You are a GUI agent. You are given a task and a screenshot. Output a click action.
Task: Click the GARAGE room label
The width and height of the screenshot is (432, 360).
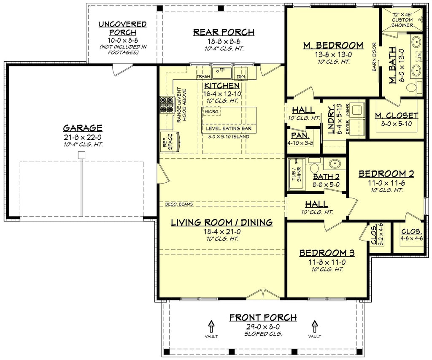coord(83,127)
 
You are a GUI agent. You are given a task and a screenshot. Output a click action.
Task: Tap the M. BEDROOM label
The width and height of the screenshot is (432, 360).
coord(333,45)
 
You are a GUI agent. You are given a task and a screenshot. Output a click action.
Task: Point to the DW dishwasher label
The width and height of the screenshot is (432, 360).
coord(241,76)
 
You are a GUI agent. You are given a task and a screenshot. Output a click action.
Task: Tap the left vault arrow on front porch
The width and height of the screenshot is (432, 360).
coord(211,326)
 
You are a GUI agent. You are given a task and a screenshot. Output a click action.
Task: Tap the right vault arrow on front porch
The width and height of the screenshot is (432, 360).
coord(314,326)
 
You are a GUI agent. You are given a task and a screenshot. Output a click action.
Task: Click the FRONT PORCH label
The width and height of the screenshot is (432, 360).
coord(263,317)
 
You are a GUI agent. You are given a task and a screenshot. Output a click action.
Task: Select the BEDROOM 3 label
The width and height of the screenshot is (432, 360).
coord(327,253)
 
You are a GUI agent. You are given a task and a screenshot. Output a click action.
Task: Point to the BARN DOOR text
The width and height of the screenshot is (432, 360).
coord(374,57)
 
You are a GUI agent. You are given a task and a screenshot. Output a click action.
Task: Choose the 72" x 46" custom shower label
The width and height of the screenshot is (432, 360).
coord(402,20)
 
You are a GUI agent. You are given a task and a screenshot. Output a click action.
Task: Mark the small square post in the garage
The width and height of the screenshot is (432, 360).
coord(82,155)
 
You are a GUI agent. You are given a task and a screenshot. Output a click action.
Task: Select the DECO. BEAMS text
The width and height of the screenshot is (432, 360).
coord(179,204)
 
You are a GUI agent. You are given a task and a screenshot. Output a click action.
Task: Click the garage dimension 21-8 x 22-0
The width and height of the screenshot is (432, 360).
coord(83,137)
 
